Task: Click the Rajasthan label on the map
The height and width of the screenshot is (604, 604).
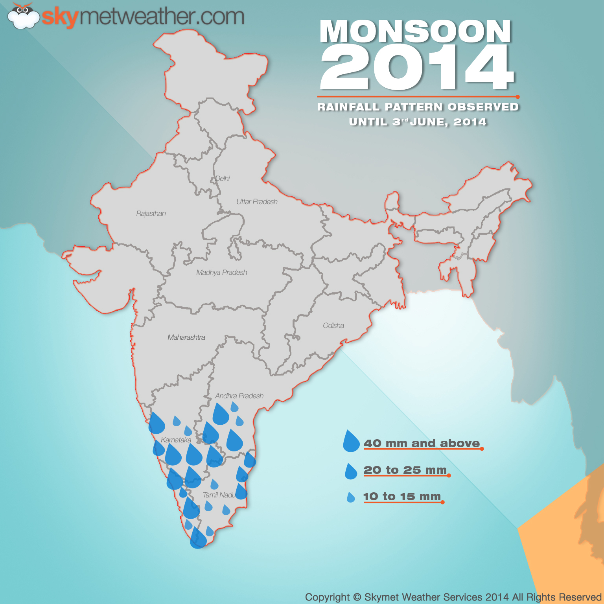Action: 151,214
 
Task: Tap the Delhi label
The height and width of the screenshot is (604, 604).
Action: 223,179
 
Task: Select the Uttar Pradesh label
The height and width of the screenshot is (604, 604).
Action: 257,202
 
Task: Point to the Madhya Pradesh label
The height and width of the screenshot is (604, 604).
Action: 222,273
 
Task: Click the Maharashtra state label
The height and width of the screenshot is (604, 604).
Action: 186,337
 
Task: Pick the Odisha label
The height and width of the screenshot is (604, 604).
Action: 333,326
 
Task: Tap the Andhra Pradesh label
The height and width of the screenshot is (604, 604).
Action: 239,396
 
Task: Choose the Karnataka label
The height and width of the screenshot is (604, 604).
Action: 176,440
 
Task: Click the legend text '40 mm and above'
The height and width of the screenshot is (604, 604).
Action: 422,444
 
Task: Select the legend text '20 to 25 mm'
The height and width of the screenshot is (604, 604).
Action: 405,470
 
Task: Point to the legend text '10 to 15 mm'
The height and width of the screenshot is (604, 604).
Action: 402,497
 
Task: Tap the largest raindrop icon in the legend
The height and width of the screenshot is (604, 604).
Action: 351,442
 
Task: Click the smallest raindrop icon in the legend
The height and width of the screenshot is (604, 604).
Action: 351,498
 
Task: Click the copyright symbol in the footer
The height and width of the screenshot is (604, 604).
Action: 357,597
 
